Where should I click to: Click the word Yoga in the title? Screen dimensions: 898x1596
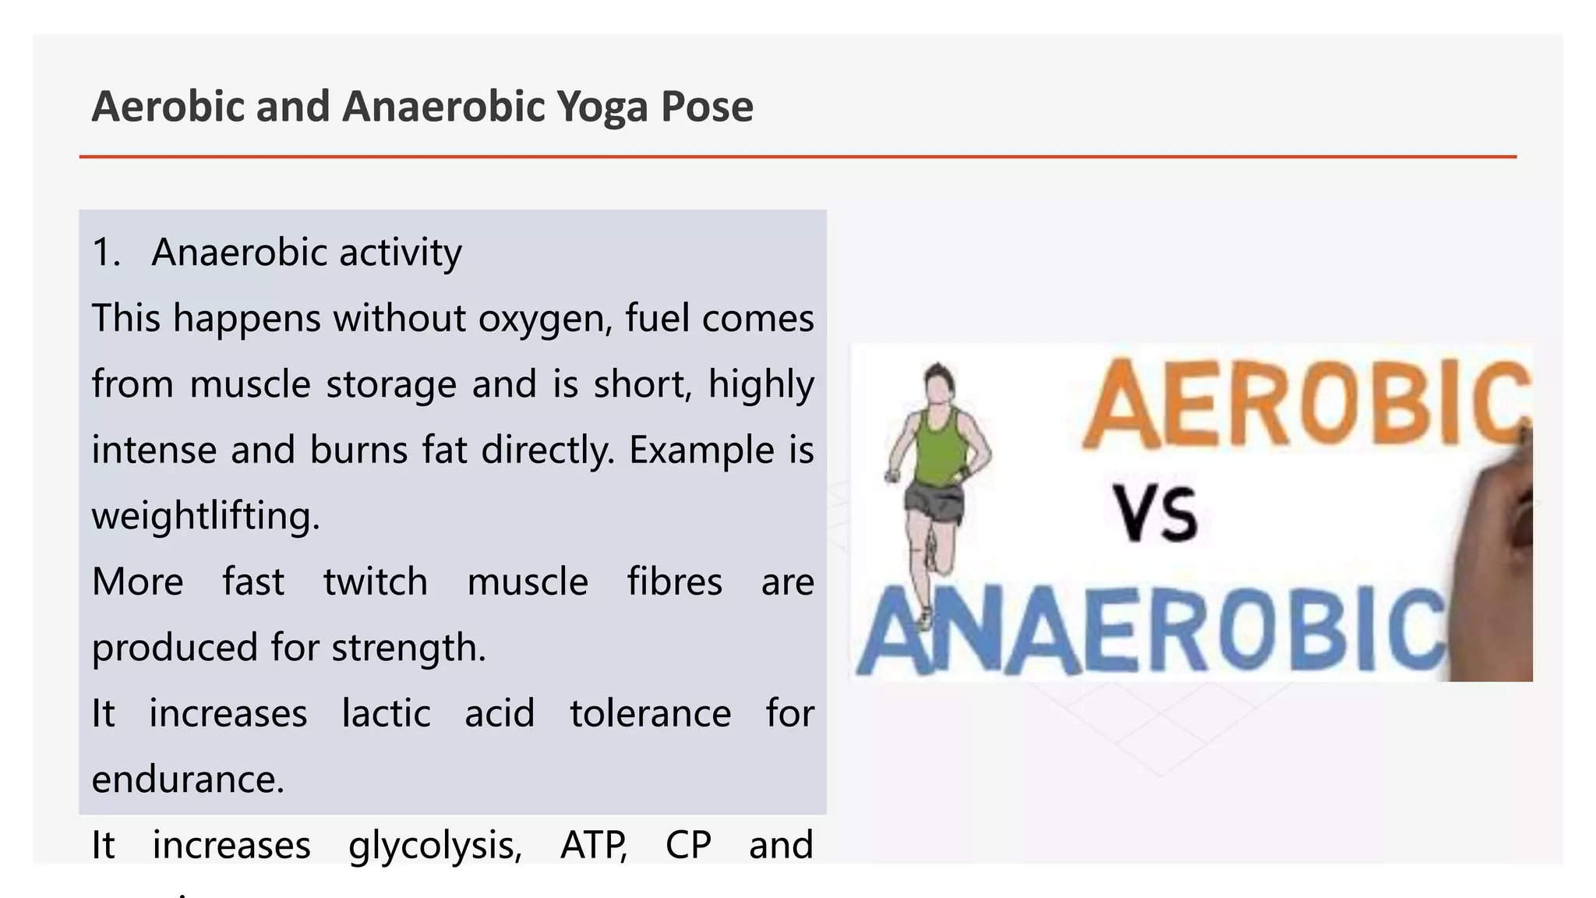[x=602, y=107]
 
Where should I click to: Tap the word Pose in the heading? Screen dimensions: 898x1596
[x=707, y=107]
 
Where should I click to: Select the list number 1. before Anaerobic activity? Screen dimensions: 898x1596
[x=106, y=253]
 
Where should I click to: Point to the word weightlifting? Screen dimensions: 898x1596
[x=206, y=516]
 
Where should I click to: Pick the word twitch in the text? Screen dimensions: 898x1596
[x=376, y=582]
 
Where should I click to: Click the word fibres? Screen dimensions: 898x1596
[x=675, y=582]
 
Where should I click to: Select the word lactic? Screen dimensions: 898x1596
[x=386, y=713]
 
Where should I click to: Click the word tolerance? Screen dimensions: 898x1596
[x=650, y=713]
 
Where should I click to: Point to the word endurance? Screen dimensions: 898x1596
[x=188, y=780]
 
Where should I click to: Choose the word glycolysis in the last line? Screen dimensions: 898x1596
[x=435, y=845]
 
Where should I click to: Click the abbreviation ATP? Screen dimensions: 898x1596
[x=593, y=845]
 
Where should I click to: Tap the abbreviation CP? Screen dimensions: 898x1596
[x=688, y=845]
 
